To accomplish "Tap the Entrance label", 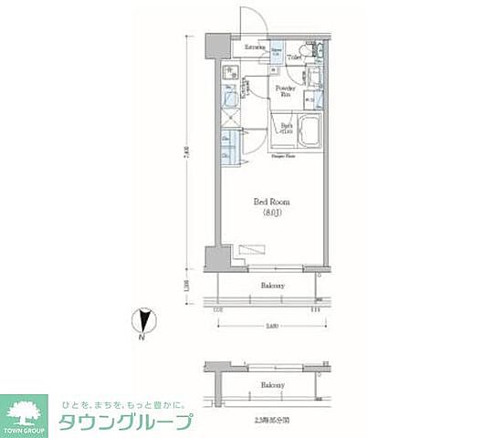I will click(x=255, y=47).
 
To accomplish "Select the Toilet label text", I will click(x=294, y=57).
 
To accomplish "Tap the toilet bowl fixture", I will click(x=311, y=51).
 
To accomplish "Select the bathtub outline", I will click(x=308, y=132).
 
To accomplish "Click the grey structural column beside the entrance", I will click(x=216, y=47).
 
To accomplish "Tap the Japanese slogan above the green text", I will click(x=122, y=404).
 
